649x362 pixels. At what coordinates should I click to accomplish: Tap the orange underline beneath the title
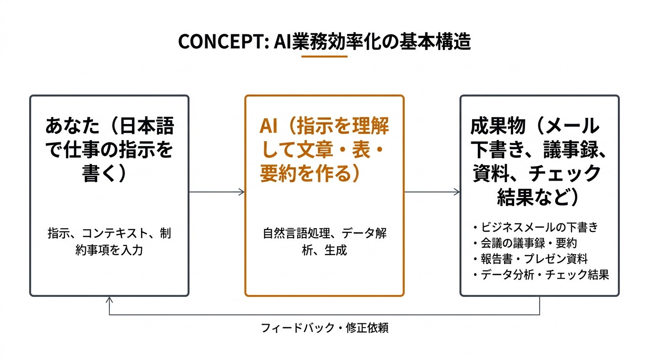click(324, 57)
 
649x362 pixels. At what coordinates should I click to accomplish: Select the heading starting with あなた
click(109, 149)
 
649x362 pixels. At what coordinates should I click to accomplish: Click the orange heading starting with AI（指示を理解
click(324, 149)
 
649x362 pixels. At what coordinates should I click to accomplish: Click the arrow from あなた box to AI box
click(216, 192)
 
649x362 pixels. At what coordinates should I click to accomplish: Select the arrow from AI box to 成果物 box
click(432, 192)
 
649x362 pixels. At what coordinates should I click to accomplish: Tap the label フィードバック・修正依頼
click(324, 328)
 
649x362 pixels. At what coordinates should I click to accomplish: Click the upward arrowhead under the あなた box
click(109, 300)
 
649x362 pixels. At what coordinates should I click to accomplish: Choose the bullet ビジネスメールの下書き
click(539, 227)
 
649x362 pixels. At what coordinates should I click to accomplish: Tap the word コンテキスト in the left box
click(115, 234)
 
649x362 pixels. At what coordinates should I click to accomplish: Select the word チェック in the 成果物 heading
click(565, 174)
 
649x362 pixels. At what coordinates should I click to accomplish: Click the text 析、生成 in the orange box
click(324, 250)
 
